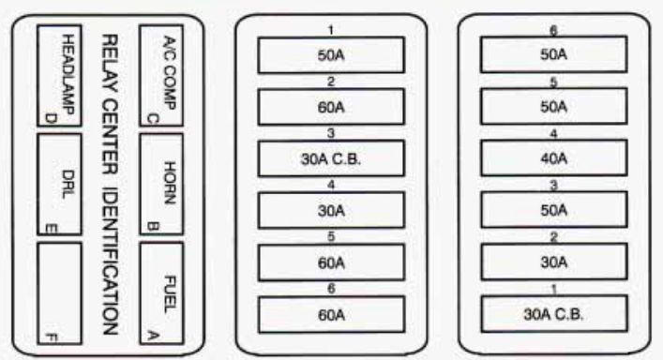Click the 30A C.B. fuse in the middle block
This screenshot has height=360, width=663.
click(331, 158)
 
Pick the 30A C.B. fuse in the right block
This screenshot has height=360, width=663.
click(553, 312)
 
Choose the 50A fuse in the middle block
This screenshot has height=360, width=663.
click(331, 54)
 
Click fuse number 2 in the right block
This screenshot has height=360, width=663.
click(553, 262)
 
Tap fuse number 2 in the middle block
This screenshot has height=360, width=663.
click(331, 106)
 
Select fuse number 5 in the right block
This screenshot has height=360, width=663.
click(553, 106)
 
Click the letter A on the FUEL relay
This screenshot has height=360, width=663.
click(153, 331)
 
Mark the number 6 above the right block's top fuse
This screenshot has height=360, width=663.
click(553, 30)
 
